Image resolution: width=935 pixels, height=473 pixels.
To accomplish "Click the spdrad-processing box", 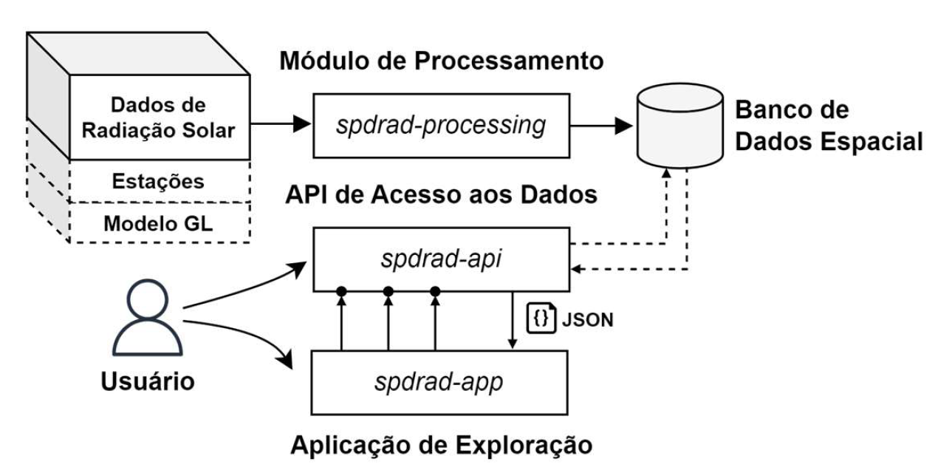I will pyautogui.click(x=441, y=125).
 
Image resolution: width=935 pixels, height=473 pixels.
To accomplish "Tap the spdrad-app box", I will pyautogui.click(x=441, y=384).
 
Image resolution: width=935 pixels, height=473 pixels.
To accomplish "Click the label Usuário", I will pyautogui.click(x=147, y=382).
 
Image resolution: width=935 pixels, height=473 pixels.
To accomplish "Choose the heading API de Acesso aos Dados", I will pyautogui.click(x=441, y=195).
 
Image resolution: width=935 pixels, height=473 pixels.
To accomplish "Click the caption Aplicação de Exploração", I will pyautogui.click(x=441, y=445).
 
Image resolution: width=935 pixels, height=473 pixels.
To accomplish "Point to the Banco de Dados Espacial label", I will pyautogui.click(x=826, y=125).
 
